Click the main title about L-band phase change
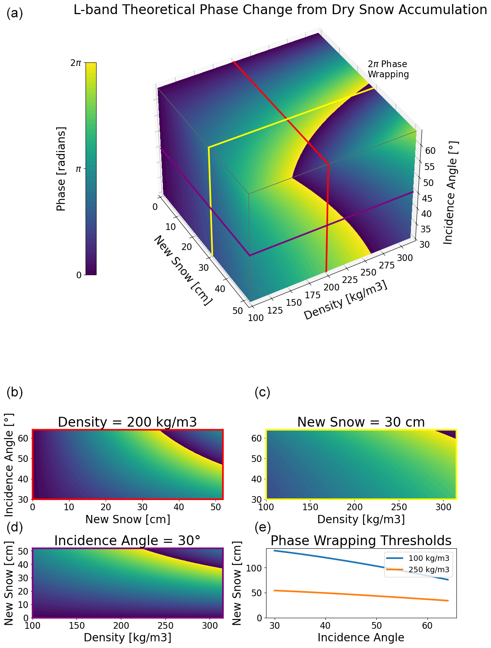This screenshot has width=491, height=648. (280, 10)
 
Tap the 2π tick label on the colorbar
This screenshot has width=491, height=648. (76, 63)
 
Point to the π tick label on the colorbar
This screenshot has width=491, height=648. (78, 169)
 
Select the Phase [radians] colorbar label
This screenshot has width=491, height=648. (61, 169)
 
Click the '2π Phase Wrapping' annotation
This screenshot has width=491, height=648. (388, 69)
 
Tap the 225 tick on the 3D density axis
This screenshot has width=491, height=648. (350, 279)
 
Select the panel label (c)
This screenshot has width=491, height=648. (262, 392)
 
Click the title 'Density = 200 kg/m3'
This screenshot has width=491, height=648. (127, 422)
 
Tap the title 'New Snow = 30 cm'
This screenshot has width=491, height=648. (361, 422)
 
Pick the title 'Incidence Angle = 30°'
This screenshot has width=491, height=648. (127, 541)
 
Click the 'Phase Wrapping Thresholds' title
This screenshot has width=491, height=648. (361, 541)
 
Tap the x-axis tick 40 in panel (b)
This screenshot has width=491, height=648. (179, 507)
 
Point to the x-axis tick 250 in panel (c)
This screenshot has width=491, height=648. (400, 507)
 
